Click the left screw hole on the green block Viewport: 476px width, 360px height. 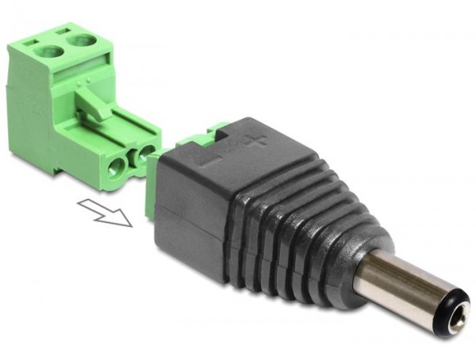click(x=49, y=53)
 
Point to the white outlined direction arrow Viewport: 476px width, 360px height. click(x=105, y=213)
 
